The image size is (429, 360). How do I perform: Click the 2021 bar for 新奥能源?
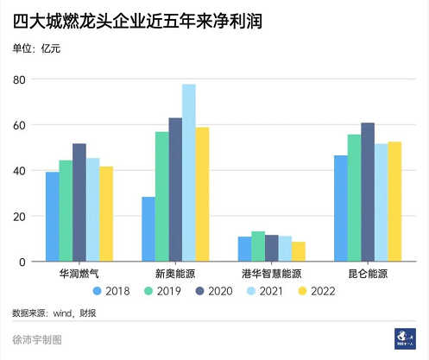pyautogui.click(x=188, y=173)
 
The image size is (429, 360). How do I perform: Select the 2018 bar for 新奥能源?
pyautogui.click(x=148, y=229)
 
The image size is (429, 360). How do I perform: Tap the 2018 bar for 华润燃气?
pyautogui.click(x=52, y=217)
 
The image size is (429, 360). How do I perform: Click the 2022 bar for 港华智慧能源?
pyautogui.click(x=299, y=251)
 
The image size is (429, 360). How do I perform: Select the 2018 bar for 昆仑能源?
pyautogui.click(x=340, y=208)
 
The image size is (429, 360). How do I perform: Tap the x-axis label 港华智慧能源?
pyautogui.click(x=272, y=274)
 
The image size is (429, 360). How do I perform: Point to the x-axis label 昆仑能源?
pyautogui.click(x=368, y=274)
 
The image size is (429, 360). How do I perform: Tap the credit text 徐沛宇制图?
pyautogui.click(x=37, y=341)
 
